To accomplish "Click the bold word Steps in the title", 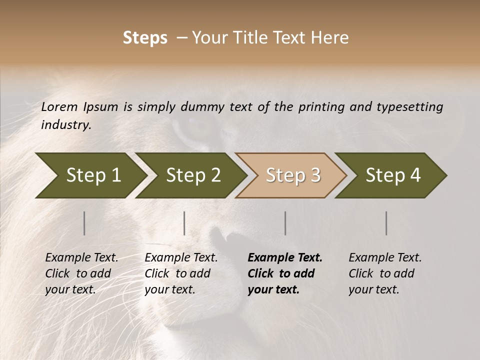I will pos(145,38).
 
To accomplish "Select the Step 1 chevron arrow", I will pos(90,175).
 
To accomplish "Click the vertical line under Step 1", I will pos(84,223).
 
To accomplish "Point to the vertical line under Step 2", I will pos(184,223).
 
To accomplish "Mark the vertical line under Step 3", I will pos(285,223).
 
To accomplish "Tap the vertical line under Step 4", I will pos(386,223).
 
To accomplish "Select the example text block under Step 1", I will pos(81,273).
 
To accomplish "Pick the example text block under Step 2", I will pos(180,273).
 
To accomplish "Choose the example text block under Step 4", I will pos(384,273).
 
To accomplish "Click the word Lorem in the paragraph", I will pos(59,107).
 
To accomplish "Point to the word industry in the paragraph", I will pos(65,125).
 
